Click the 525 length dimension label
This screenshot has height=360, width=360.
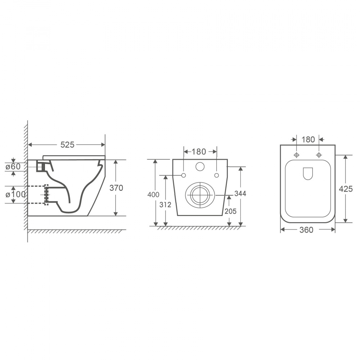[67, 145]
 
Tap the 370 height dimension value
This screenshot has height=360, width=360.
[116, 188]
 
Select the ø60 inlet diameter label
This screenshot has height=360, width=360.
[13, 166]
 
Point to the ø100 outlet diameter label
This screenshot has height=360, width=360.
[15, 194]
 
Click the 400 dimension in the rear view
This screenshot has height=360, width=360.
[153, 194]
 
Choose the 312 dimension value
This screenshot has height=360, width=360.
[165, 204]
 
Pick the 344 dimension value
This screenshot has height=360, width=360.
[240, 194]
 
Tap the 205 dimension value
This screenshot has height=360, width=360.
[230, 211]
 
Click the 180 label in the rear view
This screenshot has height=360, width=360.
[199, 152]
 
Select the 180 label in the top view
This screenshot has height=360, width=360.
[308, 139]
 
